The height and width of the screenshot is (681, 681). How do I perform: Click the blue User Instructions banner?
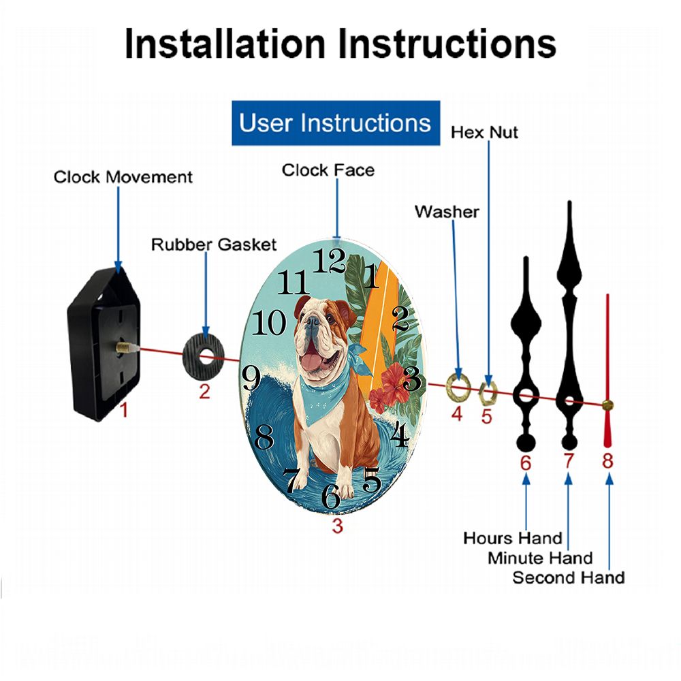[336, 123]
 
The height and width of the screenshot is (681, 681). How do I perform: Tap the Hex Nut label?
[484, 133]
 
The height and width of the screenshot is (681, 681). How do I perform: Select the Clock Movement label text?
[123, 177]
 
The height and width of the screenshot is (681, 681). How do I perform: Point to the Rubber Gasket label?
[214, 244]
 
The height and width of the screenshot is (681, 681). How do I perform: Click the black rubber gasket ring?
[191, 358]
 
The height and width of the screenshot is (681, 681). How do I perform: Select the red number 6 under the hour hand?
[526, 463]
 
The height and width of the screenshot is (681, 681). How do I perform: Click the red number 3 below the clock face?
[338, 526]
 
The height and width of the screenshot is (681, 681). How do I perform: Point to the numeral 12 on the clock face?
[329, 261]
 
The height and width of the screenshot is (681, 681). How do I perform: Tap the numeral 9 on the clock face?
[251, 377]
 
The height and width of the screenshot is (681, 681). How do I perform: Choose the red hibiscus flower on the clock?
[394, 382]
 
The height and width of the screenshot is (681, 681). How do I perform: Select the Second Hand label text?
[569, 577]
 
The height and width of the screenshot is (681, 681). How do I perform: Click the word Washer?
[447, 212]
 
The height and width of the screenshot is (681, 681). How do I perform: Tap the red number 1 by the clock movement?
[124, 410]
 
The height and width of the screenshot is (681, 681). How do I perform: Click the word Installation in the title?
[225, 44]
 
